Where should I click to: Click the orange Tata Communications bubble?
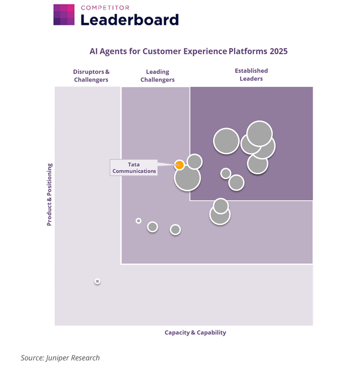[179, 165]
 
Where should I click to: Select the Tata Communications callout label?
[134, 168]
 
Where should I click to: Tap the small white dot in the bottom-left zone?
[97, 281]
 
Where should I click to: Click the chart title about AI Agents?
[188, 51]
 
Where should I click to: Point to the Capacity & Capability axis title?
[195, 333]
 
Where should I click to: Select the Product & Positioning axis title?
[49, 194]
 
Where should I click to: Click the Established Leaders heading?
[251, 75]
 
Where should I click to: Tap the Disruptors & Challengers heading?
[91, 76]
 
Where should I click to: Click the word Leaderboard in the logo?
[129, 20]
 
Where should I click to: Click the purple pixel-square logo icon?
[64, 15]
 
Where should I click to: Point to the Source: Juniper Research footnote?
[60, 358]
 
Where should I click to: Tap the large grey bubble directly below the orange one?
[187, 178]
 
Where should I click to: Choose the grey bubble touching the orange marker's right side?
[194, 162]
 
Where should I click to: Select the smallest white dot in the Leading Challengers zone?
[138, 221]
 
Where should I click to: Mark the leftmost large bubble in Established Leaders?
[226, 141]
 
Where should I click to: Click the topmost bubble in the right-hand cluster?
[260, 133]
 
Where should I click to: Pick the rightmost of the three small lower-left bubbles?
[175, 229]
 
